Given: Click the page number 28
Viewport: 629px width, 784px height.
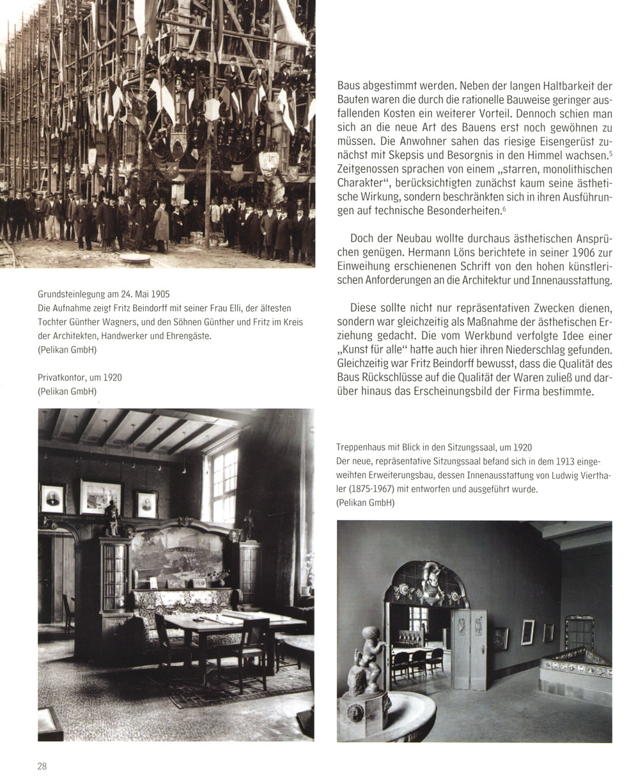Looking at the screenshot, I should coord(42,767).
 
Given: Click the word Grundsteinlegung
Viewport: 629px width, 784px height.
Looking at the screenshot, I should coord(70,295).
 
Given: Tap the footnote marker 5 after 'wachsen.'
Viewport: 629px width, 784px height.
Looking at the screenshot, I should coord(612,153).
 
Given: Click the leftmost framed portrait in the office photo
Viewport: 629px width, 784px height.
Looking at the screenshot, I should coord(53,498).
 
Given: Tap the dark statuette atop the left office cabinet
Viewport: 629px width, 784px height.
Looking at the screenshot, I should coord(113,519).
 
